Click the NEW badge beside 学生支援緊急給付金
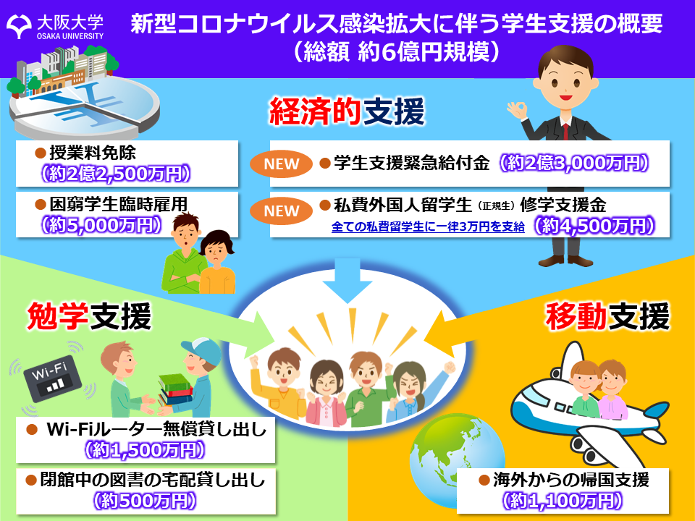point(282,164)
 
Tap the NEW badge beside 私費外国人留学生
point(282,211)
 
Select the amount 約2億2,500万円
point(116,174)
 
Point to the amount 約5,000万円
point(101,225)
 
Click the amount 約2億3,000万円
point(574,163)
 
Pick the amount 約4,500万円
point(594,226)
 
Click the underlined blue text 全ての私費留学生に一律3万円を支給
point(428,226)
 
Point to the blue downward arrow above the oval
point(347,280)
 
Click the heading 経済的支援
point(347,111)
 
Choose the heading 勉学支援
point(89,316)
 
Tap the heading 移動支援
point(607,316)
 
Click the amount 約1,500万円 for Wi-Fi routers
point(145,450)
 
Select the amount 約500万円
point(145,501)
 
